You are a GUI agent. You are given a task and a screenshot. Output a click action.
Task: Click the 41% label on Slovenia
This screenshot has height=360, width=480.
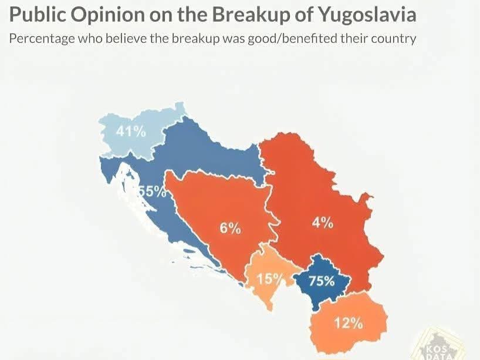[x=130, y=132]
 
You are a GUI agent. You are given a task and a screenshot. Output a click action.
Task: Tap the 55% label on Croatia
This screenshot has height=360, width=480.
[x=152, y=191]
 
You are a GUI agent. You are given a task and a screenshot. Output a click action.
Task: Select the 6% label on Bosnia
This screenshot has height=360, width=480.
[x=231, y=228]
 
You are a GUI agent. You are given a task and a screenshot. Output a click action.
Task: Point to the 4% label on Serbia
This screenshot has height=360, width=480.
[x=322, y=223]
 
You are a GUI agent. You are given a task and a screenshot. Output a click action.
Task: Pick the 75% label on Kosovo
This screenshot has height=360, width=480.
[x=322, y=281]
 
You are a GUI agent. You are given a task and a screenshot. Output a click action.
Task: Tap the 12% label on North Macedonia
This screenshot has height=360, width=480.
[x=349, y=322]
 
